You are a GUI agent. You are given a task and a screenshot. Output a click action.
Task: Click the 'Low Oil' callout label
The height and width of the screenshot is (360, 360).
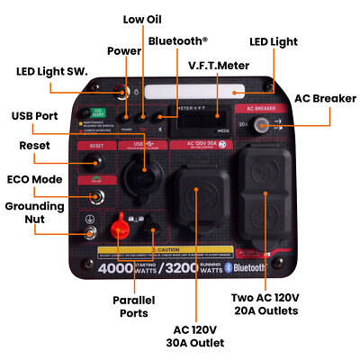point(141,19)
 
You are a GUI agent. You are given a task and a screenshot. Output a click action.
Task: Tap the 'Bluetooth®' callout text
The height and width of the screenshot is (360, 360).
point(177,40)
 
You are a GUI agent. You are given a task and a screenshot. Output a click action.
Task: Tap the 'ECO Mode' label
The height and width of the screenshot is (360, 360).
point(34,179)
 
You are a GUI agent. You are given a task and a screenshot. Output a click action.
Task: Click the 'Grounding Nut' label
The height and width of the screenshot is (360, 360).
point(34,212)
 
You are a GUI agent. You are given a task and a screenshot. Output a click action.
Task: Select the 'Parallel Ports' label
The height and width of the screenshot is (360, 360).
point(134,306)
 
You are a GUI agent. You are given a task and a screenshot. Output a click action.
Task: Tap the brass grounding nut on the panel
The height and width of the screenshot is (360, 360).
point(91,235)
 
